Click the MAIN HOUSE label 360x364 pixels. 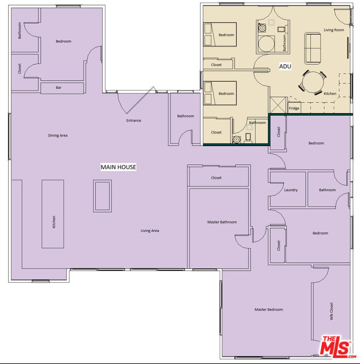pyautogui.click(x=118, y=167)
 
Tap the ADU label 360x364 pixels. pyautogui.click(x=285, y=66)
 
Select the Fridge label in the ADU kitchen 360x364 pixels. pyautogui.click(x=294, y=108)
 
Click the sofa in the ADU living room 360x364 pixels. pyautogui.click(x=313, y=49)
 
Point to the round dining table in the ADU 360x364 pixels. pyautogui.click(x=313, y=83)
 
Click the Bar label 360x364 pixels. pyautogui.click(x=59, y=87)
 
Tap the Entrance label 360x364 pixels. pyautogui.click(x=133, y=120)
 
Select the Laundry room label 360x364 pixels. pyautogui.click(x=291, y=190)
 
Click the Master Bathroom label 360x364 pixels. pyautogui.click(x=222, y=222)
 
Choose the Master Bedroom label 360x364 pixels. pyautogui.click(x=269, y=309)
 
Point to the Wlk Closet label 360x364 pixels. pyautogui.click(x=331, y=311)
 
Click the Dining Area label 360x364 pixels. pyautogui.click(x=58, y=135)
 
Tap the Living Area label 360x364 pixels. pyautogui.click(x=150, y=231)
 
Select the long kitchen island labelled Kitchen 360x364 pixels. pyautogui.click(x=53, y=214)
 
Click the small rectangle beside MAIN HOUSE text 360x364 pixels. pyautogui.click(x=102, y=196)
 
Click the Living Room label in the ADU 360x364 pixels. pyautogui.click(x=334, y=30)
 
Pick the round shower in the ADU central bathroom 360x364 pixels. pyautogui.click(x=267, y=44)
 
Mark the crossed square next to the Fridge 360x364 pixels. pyautogui.click(x=279, y=105)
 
